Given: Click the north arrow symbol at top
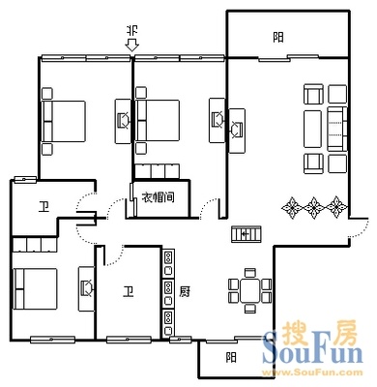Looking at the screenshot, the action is tap(131, 45).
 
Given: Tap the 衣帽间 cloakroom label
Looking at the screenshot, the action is tap(159, 196).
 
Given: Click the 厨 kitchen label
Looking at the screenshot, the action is tap(185, 292).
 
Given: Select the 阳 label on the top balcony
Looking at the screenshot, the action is tap(278, 38).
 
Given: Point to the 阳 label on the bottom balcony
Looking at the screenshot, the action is tap(231, 357).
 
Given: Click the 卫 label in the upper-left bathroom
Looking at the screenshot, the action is tap(43, 207).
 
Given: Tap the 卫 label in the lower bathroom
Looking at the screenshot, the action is tap(129, 292).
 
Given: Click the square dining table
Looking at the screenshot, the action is tap(249, 290).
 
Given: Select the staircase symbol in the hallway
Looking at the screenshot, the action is tap(246, 234).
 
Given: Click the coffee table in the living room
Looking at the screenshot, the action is tap(312, 129).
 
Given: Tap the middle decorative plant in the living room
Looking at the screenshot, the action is tap(313, 207).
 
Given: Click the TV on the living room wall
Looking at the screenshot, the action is tap(237, 130).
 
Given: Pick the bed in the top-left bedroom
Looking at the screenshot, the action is tap(64, 121).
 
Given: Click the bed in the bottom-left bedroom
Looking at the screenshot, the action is tap(35, 288).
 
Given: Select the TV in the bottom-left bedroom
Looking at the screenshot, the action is tap(87, 288).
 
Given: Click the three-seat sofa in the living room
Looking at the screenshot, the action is tap(337, 129).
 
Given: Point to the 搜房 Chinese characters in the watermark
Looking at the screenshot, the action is tap(320, 333).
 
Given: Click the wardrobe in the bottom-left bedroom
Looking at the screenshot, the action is tap(35, 245).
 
